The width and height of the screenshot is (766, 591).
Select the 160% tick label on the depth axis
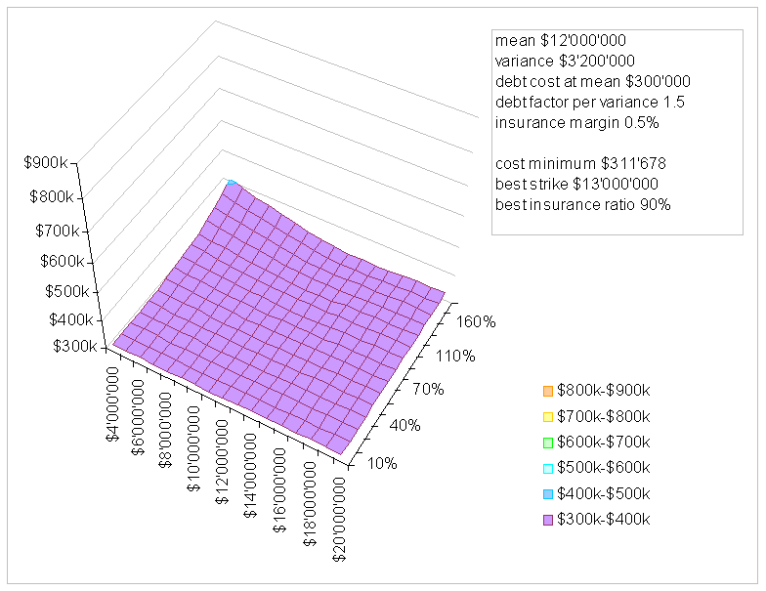(478, 320)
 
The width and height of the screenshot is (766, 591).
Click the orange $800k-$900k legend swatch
(546, 392)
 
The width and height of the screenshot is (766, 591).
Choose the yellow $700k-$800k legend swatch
(546, 417)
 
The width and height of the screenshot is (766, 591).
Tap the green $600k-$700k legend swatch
(546, 443)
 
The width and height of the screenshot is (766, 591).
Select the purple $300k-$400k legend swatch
(546, 519)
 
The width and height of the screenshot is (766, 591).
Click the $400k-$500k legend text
(603, 493)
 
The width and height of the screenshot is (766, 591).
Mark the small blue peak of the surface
(231, 183)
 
